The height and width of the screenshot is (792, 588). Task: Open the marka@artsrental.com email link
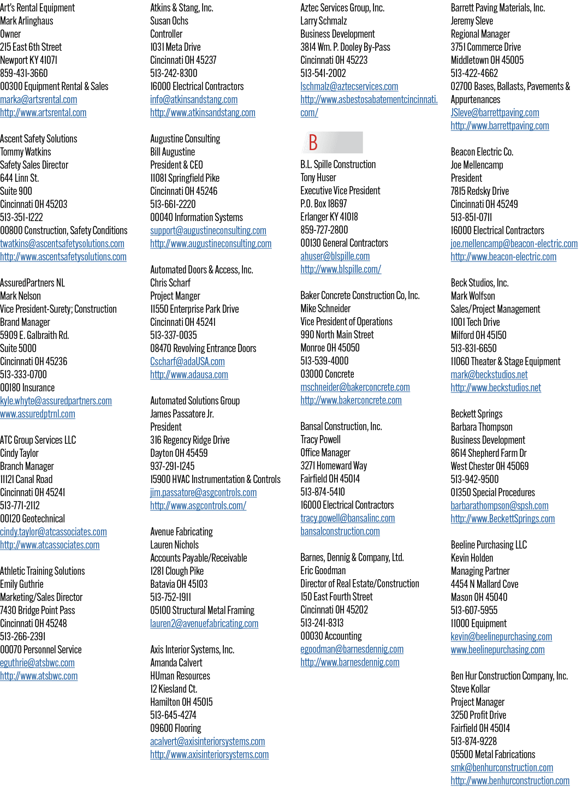(x=39, y=99)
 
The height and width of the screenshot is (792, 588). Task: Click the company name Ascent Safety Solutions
(x=39, y=139)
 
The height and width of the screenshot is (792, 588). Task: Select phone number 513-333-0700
(x=23, y=374)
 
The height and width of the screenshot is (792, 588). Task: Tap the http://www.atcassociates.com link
(x=50, y=545)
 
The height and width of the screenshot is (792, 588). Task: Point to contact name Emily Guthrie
(x=22, y=584)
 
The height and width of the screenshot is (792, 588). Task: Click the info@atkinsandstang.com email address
(x=194, y=99)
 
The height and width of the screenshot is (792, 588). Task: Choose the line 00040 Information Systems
(x=196, y=217)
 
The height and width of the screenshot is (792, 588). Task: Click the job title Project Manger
(x=175, y=296)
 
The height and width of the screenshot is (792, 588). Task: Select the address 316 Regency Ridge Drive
(x=189, y=439)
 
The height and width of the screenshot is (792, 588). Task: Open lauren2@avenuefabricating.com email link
(x=204, y=623)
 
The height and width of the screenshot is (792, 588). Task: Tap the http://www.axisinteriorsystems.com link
(x=209, y=754)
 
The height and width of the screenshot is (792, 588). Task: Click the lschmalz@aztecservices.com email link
(x=349, y=86)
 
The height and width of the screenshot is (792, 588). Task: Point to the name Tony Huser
(x=318, y=177)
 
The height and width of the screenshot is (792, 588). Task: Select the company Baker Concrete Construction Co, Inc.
(x=360, y=295)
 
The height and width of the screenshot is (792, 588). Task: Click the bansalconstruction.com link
(x=340, y=531)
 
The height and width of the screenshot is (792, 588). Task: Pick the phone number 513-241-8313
(x=322, y=623)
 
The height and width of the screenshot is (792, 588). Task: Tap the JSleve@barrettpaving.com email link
(x=495, y=112)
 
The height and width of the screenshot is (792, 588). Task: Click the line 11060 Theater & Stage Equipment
(x=506, y=361)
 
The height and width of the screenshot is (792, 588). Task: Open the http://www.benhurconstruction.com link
(x=510, y=781)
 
